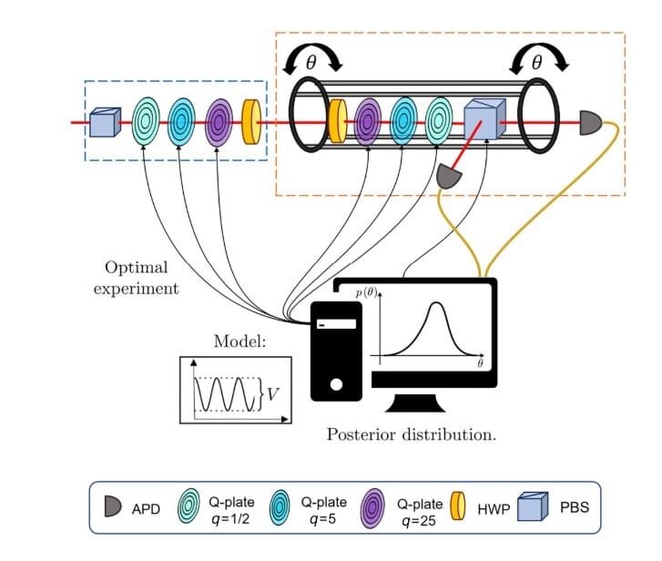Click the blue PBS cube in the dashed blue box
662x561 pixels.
pos(104,121)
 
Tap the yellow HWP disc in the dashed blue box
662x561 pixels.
pos(251,121)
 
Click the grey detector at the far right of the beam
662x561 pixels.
pos(590,121)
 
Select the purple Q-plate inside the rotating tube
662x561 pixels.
pos(368,121)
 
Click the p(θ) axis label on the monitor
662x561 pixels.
pos(366,294)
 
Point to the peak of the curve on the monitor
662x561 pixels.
pos(437,303)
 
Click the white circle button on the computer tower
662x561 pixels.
pos(335,384)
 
